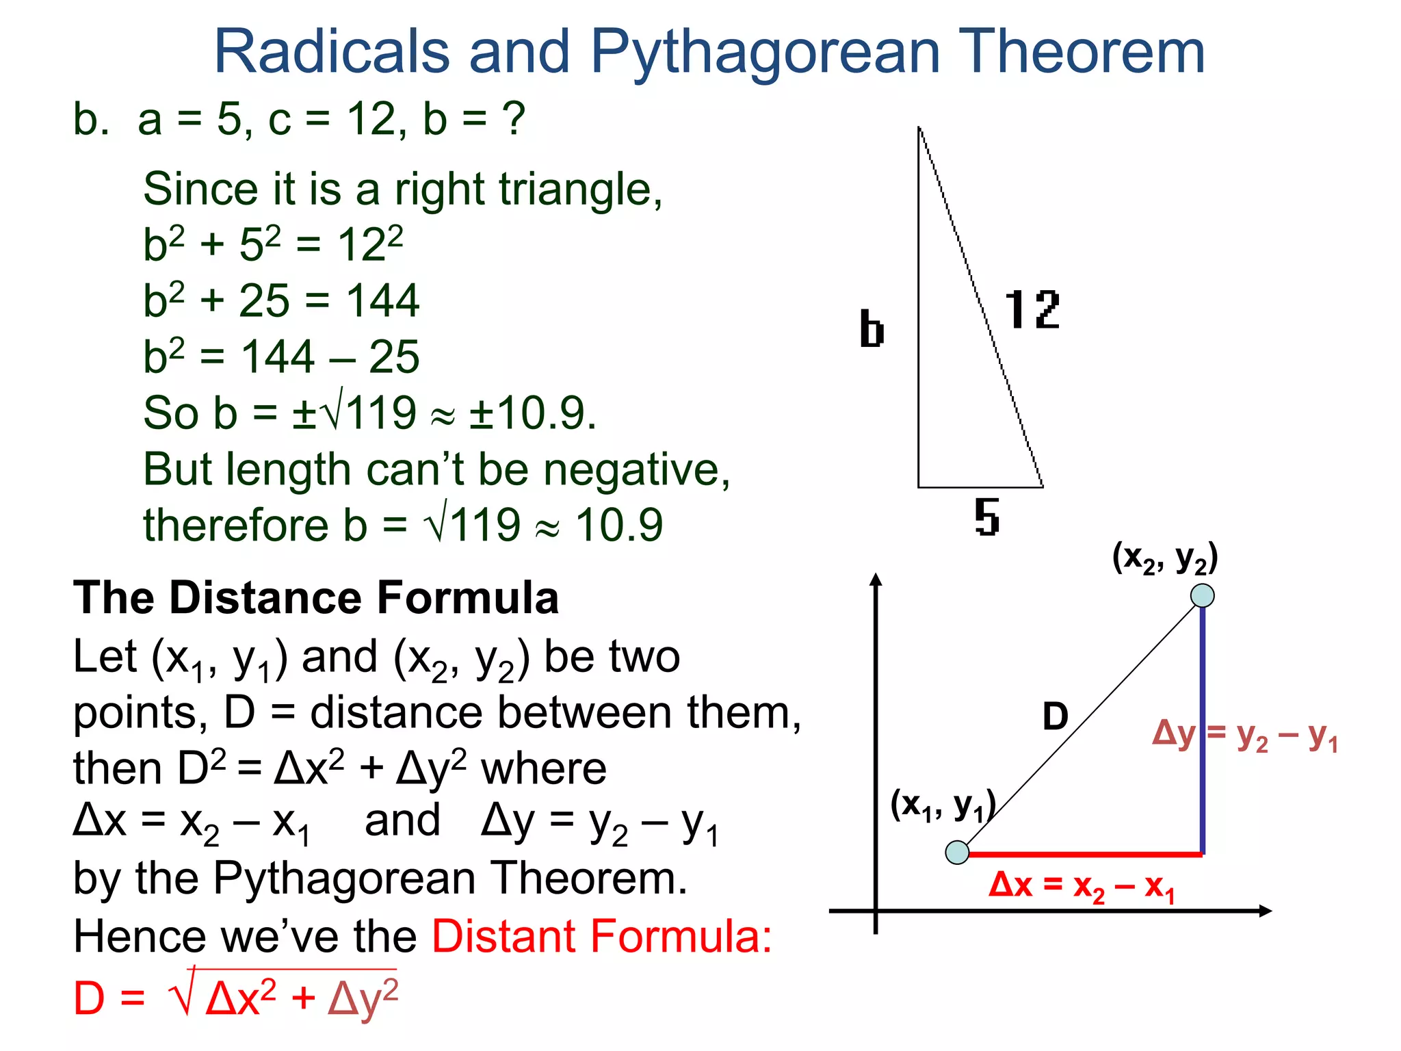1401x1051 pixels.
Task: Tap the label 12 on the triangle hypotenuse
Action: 1032,310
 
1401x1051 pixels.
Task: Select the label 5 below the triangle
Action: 986,517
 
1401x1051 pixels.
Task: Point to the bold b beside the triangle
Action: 872,329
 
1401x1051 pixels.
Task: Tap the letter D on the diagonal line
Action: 1055,716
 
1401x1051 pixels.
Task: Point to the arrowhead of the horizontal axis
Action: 1265,911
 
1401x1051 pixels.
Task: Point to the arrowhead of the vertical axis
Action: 876,580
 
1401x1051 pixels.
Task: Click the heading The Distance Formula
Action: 315,598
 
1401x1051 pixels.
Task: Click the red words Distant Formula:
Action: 601,936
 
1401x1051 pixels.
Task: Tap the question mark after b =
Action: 513,119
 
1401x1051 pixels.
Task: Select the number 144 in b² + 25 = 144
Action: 382,300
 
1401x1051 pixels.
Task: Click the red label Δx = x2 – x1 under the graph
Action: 1082,887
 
